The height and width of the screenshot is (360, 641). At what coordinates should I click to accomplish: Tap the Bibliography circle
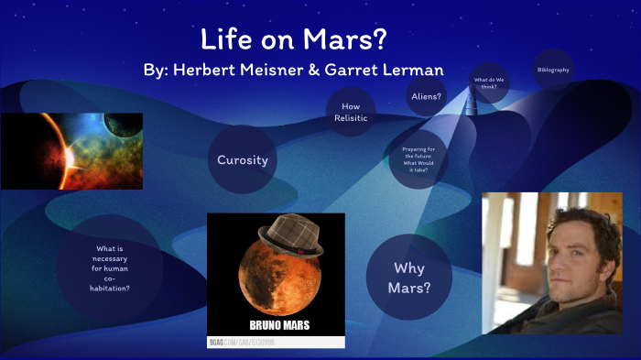click(552, 70)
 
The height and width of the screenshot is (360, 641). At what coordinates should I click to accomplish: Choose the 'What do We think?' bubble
click(490, 82)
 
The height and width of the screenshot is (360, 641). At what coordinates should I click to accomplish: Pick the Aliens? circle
click(427, 95)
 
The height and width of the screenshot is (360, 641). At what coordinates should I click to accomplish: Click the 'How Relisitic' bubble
click(351, 112)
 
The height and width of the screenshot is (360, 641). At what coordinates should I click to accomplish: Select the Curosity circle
click(242, 160)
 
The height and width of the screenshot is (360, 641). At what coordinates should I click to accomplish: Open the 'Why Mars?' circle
click(409, 277)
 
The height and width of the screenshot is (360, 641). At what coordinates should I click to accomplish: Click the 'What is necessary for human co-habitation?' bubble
click(110, 267)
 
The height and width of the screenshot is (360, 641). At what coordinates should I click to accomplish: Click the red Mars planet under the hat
click(275, 279)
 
